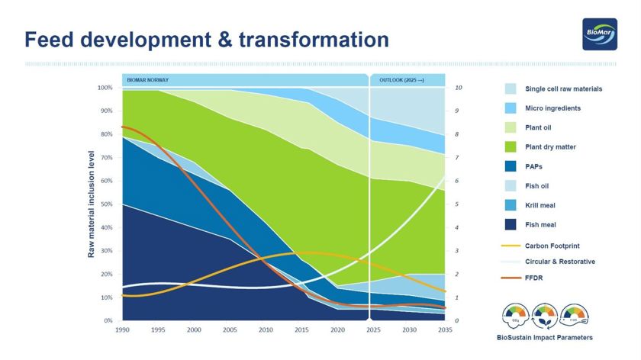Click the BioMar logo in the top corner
pos(599,34)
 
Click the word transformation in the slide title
pos(311,39)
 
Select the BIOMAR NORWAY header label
pos(147,79)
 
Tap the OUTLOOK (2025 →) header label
pos(401,79)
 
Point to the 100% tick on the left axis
pos(105,88)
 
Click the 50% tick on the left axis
pos(106,204)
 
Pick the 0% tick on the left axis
pos(108,321)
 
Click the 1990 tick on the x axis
pos(121,331)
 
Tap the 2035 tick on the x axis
pos(445,331)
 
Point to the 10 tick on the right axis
pos(459,88)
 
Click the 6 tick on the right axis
pos(457,181)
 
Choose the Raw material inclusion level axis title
pos(92,203)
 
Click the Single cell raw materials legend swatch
pos(511,89)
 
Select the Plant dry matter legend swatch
pos(511,146)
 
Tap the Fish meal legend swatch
pos(511,224)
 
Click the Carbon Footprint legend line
pos(511,246)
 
